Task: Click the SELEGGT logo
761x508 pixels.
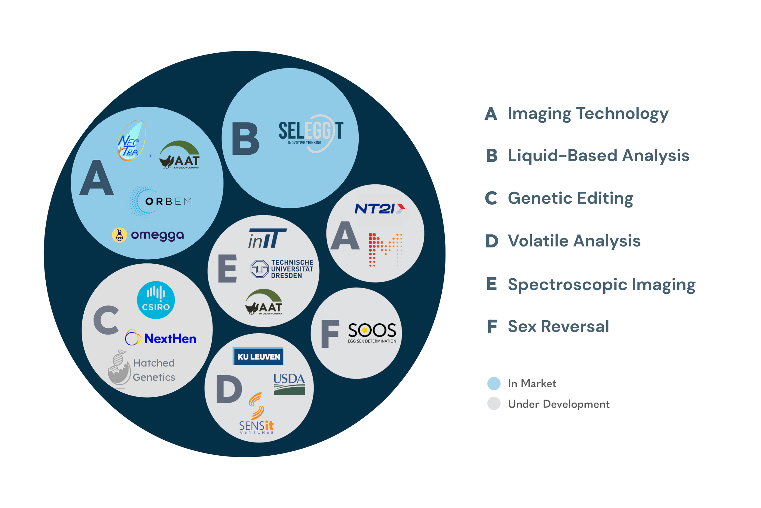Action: click(x=311, y=133)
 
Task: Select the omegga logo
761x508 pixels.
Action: click(x=148, y=235)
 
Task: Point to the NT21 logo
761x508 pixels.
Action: click(x=380, y=209)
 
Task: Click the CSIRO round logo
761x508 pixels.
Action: click(x=156, y=300)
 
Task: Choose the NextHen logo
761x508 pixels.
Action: click(x=161, y=339)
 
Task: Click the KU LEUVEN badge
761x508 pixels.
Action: click(x=258, y=356)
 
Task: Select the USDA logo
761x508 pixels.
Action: click(x=289, y=384)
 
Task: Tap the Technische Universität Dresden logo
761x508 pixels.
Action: click(x=282, y=269)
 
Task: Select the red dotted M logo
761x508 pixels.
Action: click(x=385, y=250)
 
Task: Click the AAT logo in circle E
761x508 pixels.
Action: click(x=264, y=302)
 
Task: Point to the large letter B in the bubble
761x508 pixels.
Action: click(x=245, y=139)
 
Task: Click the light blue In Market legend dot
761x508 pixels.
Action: click(x=494, y=383)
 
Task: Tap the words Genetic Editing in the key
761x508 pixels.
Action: click(x=570, y=198)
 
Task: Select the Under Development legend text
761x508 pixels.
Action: click(x=559, y=404)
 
